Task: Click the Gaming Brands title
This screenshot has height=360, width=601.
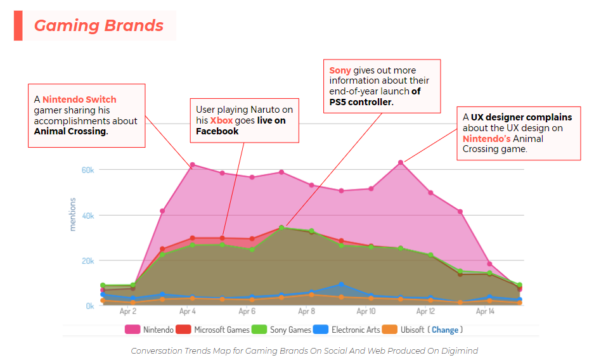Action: coord(99,25)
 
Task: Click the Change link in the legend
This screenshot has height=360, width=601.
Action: coord(445,330)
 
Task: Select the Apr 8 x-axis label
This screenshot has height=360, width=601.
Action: coord(306,311)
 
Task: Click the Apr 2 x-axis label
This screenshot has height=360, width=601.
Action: coord(128,311)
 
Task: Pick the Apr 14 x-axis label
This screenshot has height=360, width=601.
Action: coord(485,311)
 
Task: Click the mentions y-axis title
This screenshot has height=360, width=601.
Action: coord(72,214)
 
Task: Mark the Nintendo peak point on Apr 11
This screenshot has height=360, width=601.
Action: coord(401,163)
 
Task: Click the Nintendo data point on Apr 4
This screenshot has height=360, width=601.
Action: coord(192,165)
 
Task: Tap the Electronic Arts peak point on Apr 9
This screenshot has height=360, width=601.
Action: coord(341,285)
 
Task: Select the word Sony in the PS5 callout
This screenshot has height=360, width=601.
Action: coord(340,70)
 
